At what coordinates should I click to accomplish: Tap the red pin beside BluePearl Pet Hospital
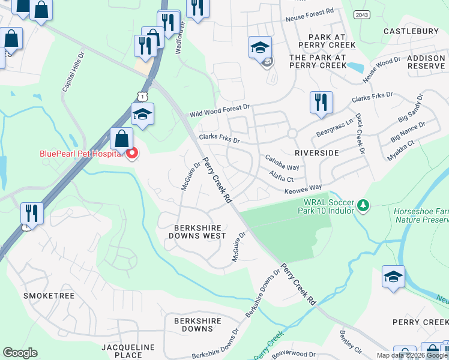[x=131, y=154]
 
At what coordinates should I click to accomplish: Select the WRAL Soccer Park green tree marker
[x=363, y=206]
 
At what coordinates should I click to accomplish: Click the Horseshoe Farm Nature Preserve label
[x=420, y=215]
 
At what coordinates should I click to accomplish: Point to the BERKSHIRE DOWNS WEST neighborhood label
[x=197, y=232]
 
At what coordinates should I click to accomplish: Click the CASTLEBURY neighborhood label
[x=411, y=31]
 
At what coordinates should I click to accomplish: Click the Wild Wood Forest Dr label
[x=219, y=110]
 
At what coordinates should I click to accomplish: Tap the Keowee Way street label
[x=303, y=189]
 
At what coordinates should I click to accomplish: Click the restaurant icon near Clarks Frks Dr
[x=321, y=102]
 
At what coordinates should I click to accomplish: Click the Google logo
[x=20, y=353]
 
